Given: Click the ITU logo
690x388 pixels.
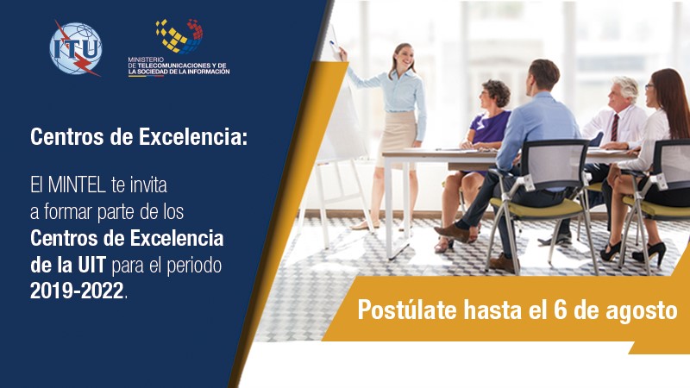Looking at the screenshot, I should click(x=75, y=47).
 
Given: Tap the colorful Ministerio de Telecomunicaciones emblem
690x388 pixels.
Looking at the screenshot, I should click(x=179, y=36).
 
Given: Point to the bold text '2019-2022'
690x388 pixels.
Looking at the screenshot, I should click(x=77, y=291).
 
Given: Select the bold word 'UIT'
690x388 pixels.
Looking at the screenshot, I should click(x=92, y=266).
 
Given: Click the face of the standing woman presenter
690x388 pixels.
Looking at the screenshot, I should click(x=403, y=58).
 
